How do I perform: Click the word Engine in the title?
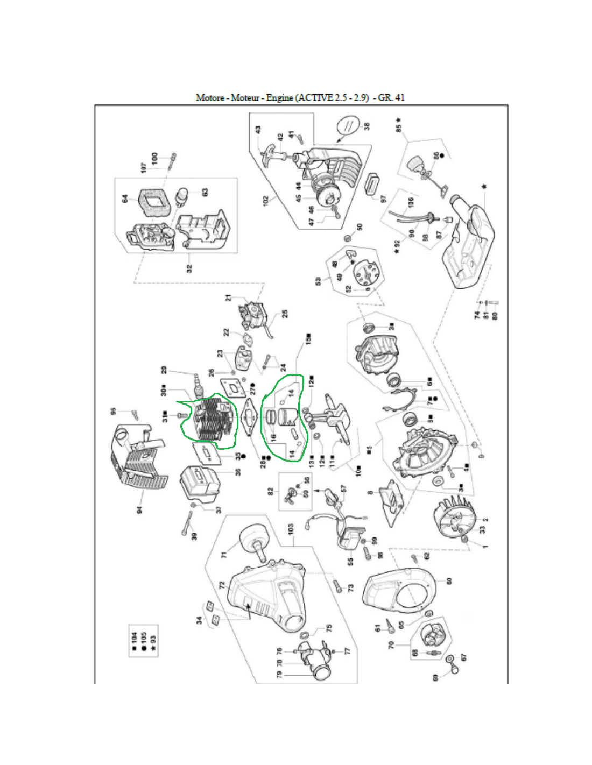(x=279, y=97)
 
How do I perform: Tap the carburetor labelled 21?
(x=254, y=310)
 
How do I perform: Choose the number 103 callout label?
(x=291, y=529)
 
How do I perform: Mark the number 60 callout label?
(x=449, y=580)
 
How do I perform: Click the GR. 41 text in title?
(x=391, y=97)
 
